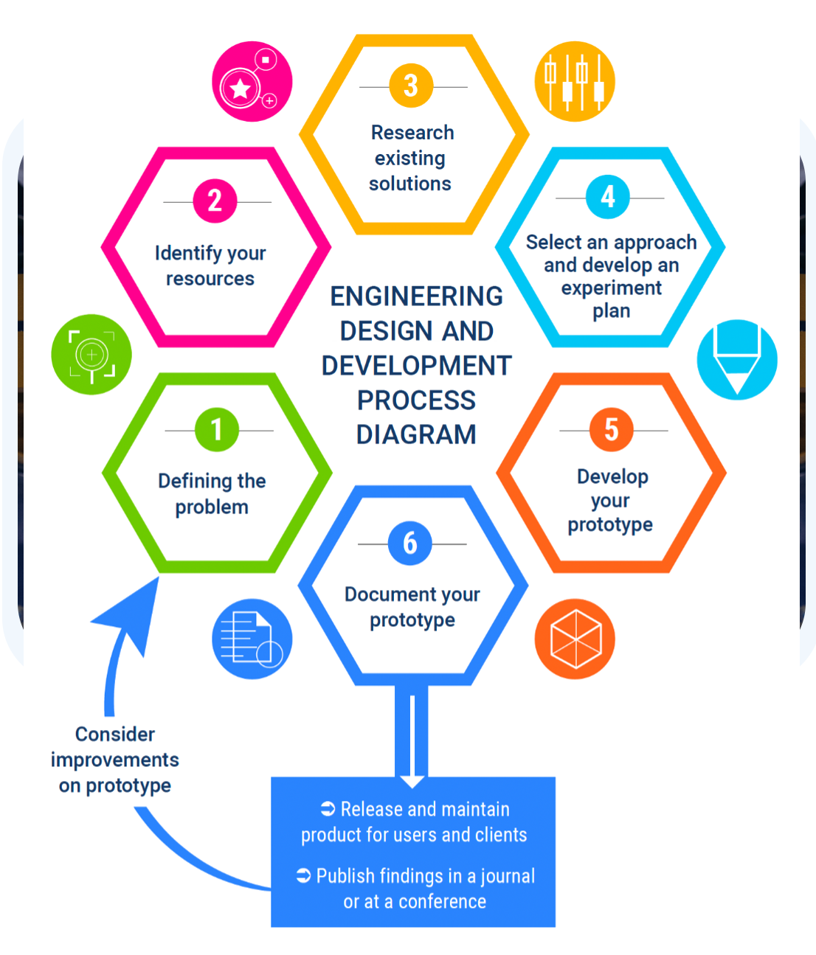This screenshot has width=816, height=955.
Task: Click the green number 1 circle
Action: coord(216,429)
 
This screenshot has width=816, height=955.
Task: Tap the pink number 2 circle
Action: coord(215,201)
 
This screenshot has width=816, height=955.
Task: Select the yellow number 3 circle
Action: coord(411,86)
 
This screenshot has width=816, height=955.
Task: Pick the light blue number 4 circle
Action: coord(607,197)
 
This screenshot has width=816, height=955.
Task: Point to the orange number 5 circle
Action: coord(611,429)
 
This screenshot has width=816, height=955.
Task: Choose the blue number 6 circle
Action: coord(409,544)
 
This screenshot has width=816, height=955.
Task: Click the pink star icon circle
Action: coord(252,81)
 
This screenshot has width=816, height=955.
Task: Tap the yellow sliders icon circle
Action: coord(574,81)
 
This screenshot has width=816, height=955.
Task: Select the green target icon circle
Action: coord(91,355)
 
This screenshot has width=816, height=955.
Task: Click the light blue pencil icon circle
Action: coord(736,360)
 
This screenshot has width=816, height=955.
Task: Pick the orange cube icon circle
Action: coord(574,639)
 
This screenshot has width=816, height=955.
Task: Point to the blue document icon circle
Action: coord(252,639)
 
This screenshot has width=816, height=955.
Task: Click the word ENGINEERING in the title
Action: coord(416,296)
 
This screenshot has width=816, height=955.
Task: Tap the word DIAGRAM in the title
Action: coord(416,434)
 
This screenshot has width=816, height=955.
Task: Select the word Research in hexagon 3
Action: coord(412,133)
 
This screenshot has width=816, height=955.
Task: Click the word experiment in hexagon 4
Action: coord(611,288)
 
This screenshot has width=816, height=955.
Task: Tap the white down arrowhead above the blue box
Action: coord(412,780)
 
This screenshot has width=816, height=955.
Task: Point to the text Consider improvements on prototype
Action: coord(115,760)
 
